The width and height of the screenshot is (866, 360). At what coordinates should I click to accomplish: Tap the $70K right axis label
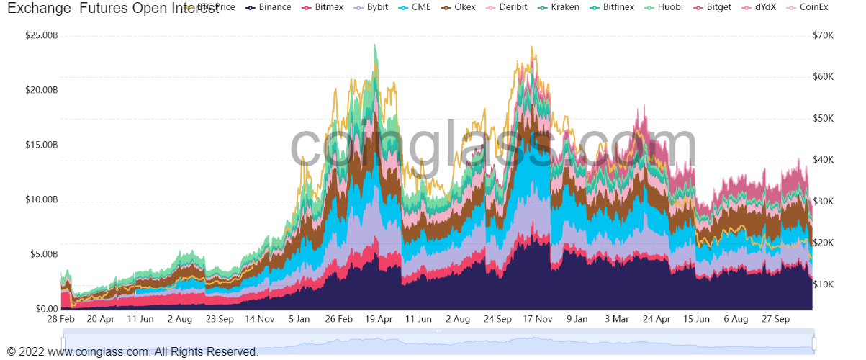(822, 35)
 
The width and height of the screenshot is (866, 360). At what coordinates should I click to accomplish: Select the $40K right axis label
(822, 160)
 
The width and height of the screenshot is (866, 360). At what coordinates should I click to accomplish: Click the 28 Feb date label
(61, 318)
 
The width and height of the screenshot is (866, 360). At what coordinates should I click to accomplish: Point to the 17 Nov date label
(537, 318)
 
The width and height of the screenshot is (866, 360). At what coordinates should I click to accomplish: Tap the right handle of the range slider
(815, 343)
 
